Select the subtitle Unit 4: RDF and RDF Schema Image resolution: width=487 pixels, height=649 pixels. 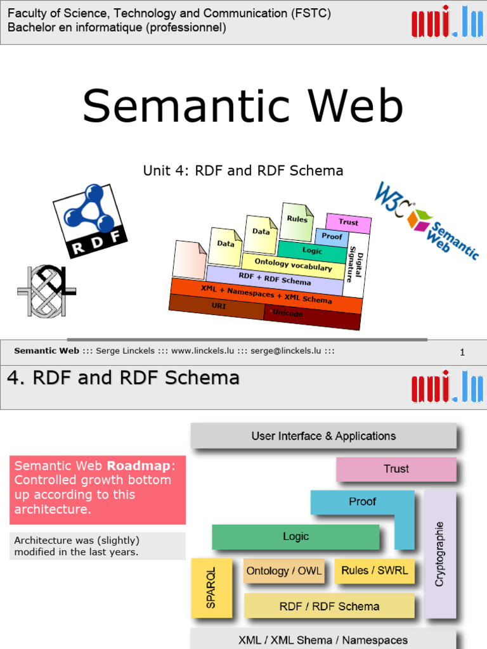point(243,170)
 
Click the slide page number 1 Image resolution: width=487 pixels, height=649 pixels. point(462,352)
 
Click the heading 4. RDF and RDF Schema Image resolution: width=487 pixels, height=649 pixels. point(123,378)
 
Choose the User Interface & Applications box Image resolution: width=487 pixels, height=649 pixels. point(323,436)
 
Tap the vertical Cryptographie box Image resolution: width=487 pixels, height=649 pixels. point(439,553)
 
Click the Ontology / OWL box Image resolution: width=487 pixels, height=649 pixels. point(283,571)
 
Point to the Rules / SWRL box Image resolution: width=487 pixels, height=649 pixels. point(374,570)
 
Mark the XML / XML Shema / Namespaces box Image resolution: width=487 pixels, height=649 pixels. point(323,639)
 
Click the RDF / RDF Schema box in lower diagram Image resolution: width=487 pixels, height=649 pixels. point(329,606)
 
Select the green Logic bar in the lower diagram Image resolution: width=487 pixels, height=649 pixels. point(295,537)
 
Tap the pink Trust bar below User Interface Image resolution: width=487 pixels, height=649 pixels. point(396,469)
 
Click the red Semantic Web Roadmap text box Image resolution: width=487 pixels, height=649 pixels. point(97,489)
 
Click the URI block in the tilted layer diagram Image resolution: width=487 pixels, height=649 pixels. point(217,305)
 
